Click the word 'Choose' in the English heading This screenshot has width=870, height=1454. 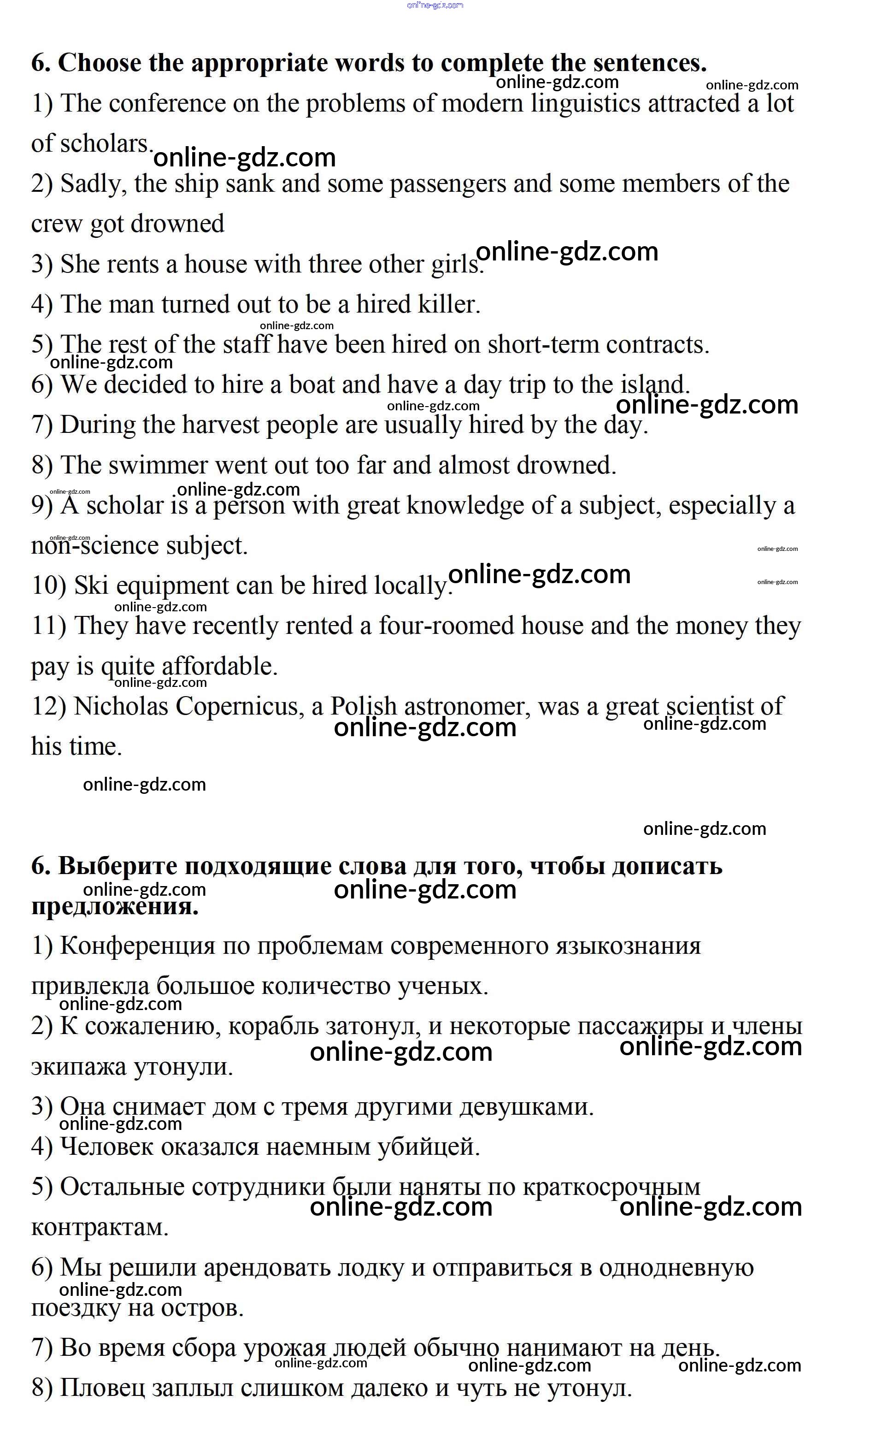(100, 63)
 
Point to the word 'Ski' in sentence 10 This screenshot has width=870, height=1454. (91, 586)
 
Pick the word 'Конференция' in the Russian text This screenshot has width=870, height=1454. (138, 946)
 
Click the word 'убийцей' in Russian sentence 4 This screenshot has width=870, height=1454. (428, 1147)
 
